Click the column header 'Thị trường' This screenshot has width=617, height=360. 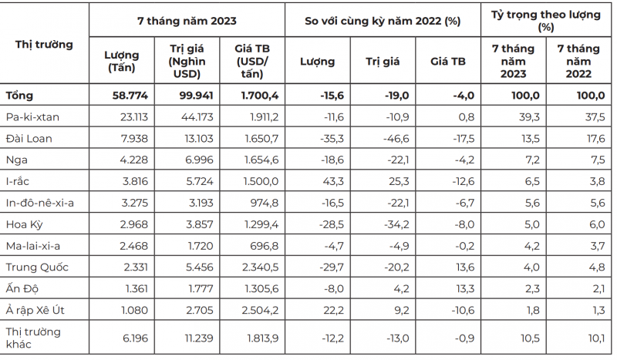[44, 44]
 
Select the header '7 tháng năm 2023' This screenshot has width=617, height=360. [187, 22]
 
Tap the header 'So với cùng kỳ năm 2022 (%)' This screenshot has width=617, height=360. [383, 22]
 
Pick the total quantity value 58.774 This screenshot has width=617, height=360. [130, 96]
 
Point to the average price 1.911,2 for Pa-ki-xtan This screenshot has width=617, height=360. [261, 116]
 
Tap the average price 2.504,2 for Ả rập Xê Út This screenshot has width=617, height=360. [261, 309]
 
